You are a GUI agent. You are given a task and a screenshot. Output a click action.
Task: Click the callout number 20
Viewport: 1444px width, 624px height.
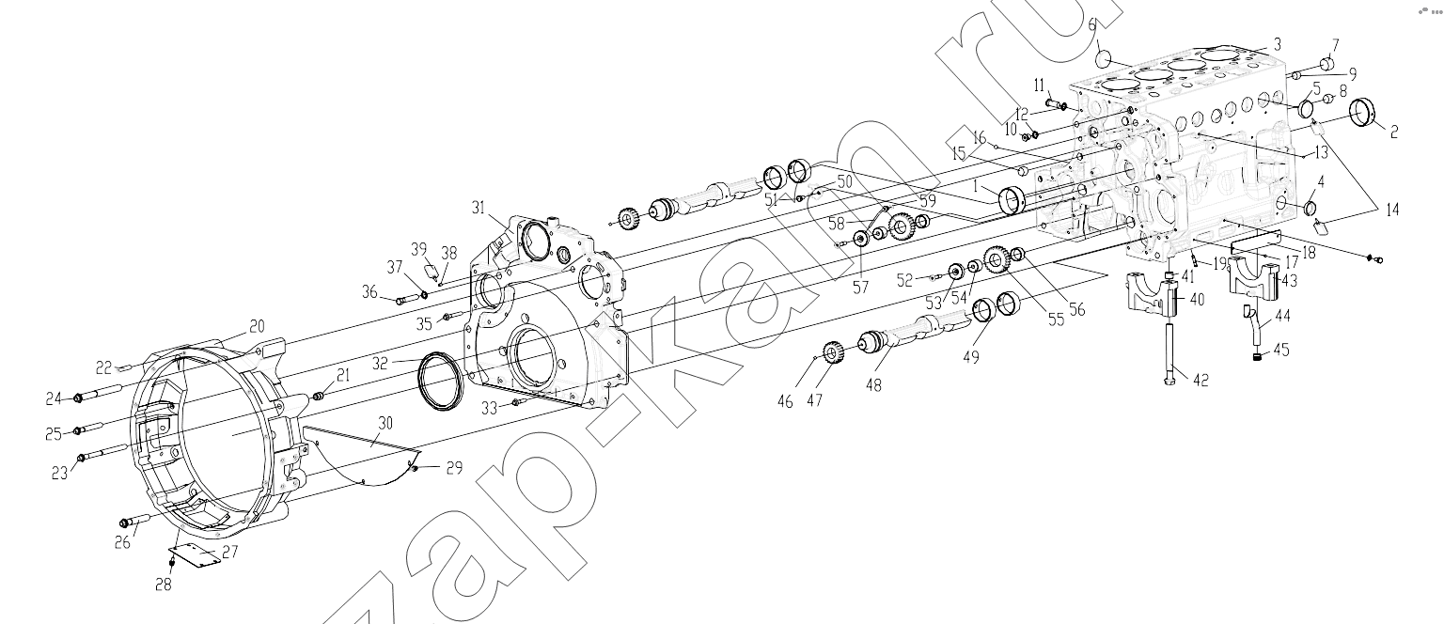coord(257,327)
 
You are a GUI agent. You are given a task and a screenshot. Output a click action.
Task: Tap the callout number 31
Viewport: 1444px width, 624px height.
coord(478,207)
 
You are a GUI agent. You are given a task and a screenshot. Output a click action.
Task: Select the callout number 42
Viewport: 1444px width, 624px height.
coord(1200,381)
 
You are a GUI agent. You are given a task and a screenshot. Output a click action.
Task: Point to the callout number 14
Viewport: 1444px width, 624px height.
coord(1392,211)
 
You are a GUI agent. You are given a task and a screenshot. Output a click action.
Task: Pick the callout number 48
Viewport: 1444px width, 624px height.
coord(874,385)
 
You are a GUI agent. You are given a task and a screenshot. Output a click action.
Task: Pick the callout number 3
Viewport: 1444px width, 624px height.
coord(1277,44)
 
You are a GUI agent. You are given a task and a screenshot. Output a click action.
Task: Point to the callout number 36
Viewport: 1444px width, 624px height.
coord(369,292)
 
